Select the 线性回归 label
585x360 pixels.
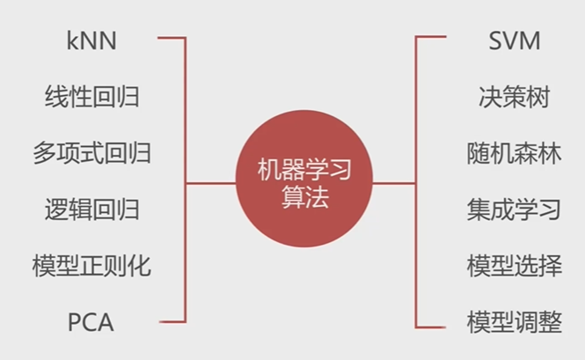(91, 95)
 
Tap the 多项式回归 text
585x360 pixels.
(91, 151)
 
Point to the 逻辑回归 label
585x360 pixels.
(91, 209)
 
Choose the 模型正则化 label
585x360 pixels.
(91, 265)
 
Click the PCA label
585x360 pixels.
(91, 322)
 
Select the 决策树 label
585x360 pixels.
(514, 95)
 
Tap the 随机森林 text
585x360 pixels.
(514, 151)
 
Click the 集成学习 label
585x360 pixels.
(514, 209)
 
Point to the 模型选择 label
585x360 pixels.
(514, 265)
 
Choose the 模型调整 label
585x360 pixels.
(514, 322)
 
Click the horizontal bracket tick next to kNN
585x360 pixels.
(172, 38)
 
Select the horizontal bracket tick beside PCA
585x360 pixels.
(172, 322)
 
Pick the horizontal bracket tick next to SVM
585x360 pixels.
(430, 38)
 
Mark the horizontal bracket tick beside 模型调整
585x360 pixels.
(430, 322)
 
